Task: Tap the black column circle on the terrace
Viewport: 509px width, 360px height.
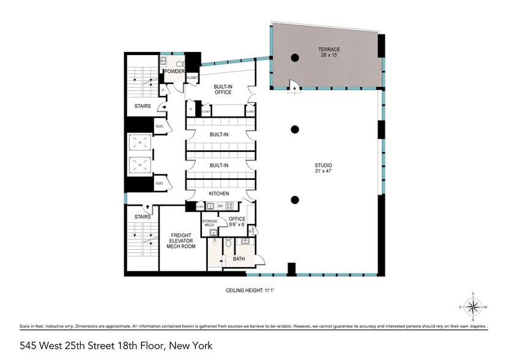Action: point(295,58)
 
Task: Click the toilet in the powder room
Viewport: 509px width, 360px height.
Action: point(179,62)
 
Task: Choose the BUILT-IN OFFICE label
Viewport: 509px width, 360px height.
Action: point(223,89)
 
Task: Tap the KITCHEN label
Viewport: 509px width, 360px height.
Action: point(219,193)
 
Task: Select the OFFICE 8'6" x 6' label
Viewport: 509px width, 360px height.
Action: point(237,222)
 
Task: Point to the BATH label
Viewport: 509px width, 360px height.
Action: point(239,260)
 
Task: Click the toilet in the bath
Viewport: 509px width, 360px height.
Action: point(227,244)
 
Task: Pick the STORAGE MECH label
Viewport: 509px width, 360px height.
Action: point(210,223)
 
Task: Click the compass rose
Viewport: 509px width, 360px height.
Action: point(473,307)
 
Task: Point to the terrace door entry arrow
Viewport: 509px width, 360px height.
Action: point(295,88)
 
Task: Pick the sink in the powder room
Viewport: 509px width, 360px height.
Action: point(164,62)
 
